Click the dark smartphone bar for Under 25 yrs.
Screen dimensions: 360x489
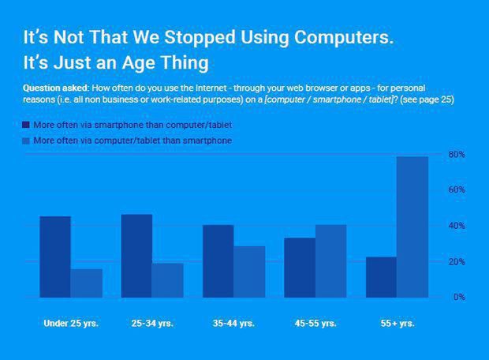[55, 257]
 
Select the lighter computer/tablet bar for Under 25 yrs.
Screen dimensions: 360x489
[86, 283]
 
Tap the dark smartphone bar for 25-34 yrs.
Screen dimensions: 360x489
[136, 256]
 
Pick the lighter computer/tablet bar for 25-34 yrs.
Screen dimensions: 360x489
[167, 279]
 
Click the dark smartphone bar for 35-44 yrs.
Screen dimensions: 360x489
[218, 261]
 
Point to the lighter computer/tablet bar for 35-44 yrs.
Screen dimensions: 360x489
[249, 272]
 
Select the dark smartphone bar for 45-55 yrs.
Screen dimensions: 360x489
[300, 267]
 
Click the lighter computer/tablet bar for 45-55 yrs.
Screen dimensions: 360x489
[330, 261]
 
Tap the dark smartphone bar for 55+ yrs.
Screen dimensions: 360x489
[381, 276]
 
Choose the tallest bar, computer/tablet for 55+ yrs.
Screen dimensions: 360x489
[412, 227]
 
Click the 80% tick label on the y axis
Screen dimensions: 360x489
[457, 154]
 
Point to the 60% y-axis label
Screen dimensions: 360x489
[457, 190]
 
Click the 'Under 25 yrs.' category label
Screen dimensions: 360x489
[70, 324]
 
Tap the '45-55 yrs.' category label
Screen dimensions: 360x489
[315, 324]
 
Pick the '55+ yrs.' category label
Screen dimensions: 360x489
[397, 324]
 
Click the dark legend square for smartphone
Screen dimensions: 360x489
[26, 125]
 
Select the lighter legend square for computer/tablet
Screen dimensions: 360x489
[26, 140]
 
